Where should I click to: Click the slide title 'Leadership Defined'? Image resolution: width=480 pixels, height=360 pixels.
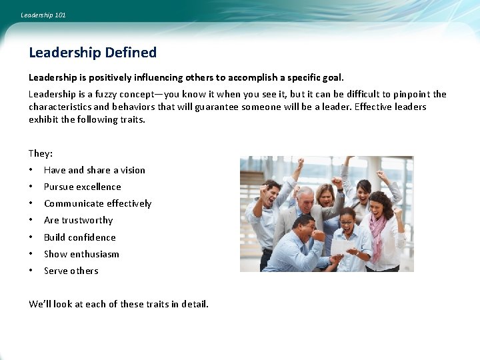93,53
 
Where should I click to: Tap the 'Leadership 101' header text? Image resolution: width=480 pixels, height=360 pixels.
43,15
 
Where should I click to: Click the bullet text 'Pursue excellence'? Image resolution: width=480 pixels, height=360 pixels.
83,187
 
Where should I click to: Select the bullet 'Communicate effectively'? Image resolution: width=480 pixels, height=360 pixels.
97,203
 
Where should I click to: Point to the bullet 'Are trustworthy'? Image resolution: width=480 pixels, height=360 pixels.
78,220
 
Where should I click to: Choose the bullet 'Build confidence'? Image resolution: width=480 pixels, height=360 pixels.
79,237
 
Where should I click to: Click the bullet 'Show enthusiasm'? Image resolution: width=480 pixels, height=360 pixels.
81,254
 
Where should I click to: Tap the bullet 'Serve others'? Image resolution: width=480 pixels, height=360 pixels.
71,271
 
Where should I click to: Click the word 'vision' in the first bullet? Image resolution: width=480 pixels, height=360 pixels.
133,170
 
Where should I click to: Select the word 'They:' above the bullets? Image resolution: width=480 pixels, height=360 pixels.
41,153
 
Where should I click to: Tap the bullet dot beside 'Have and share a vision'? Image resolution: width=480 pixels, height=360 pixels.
31,170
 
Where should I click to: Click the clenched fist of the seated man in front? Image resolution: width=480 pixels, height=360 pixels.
319,235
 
